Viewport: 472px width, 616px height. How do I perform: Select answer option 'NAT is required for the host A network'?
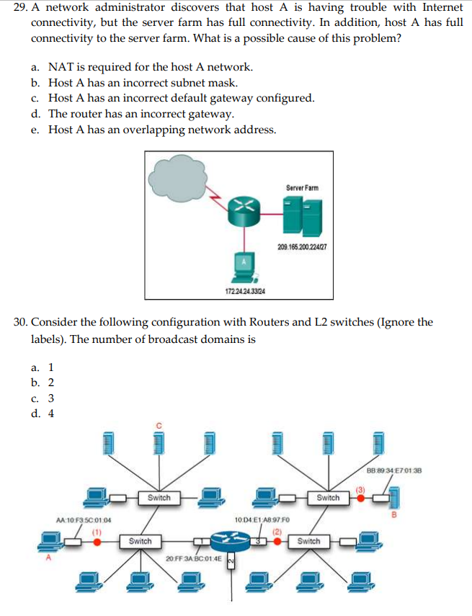click(150, 67)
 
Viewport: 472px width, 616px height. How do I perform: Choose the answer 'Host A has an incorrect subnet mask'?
click(138, 83)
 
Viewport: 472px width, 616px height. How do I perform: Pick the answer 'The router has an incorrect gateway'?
click(141, 114)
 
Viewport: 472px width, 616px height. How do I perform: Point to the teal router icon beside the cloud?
click(244, 208)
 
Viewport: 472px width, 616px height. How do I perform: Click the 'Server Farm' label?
click(301, 188)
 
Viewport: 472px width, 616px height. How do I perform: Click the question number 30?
click(21, 322)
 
